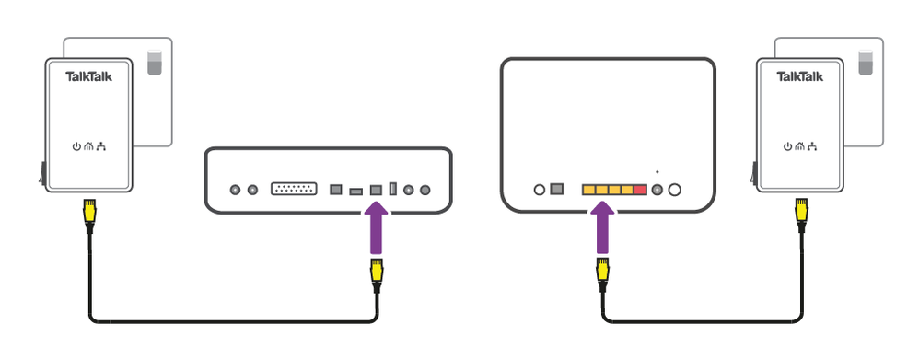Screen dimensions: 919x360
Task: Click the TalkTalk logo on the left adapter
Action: [x=89, y=77]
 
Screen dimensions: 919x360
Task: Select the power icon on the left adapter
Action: [x=76, y=145]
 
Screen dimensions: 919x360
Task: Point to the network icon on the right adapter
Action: [x=813, y=145]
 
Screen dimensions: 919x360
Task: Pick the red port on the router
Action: [x=640, y=190]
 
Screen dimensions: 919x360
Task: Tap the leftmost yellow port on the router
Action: [x=588, y=190]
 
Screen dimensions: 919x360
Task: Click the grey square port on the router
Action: [x=556, y=190]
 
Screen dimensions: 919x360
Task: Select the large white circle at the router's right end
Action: [x=674, y=190]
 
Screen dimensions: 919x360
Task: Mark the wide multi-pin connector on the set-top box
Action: [x=294, y=190]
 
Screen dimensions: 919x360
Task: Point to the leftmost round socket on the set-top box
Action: [x=235, y=190]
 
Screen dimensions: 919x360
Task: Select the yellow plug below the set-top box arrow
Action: [x=376, y=273]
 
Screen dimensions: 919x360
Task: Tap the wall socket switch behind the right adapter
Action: [x=866, y=64]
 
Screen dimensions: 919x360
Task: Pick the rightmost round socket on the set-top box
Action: [x=425, y=190]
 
